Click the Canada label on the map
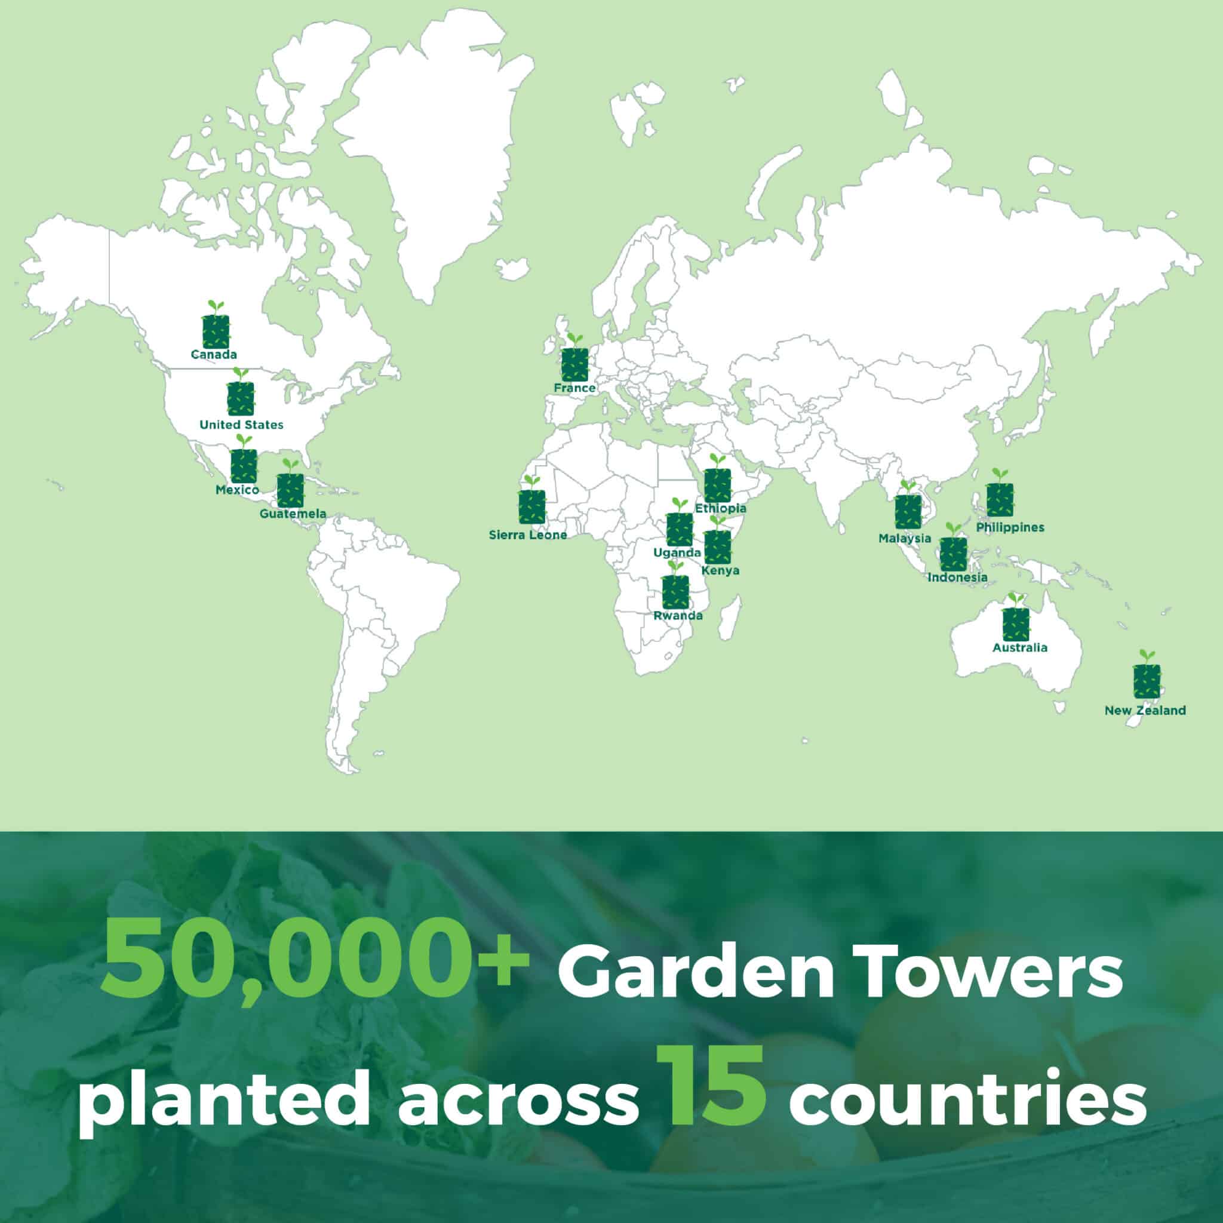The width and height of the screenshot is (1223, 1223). tap(214, 355)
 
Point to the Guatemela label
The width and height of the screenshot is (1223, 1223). tap(293, 514)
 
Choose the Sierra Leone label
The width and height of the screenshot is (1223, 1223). tap(528, 535)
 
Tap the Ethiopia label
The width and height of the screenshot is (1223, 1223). tap(720, 508)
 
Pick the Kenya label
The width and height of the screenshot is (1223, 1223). tap(720, 570)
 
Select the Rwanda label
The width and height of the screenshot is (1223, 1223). tap(678, 615)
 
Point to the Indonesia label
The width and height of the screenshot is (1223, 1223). tap(957, 577)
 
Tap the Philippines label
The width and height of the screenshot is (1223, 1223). tap(1010, 527)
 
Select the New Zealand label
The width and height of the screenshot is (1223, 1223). tap(1145, 710)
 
